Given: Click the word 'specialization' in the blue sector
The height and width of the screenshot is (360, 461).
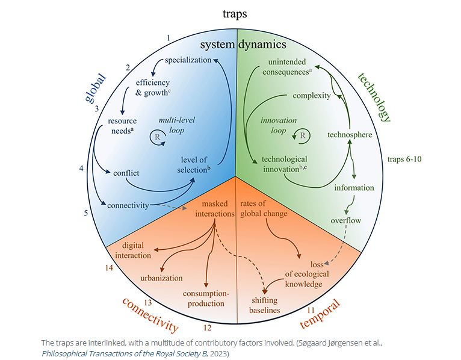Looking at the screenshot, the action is pos(188,60).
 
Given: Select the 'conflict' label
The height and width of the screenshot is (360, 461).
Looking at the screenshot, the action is pos(126,173).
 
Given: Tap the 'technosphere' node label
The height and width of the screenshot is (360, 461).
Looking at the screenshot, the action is pos(350,135).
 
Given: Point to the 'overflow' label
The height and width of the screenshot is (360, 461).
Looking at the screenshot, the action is pos(345,220).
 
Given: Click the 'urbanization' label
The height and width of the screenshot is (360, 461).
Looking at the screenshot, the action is pos(161,278).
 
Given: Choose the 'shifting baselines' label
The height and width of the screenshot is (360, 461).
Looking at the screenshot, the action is pos(265,305).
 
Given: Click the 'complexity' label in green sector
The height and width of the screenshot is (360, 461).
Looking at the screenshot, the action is pos(312,96).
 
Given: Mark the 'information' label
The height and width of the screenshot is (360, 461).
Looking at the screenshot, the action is pos(354,188).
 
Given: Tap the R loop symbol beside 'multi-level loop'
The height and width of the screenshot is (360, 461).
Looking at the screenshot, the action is pos(158,137).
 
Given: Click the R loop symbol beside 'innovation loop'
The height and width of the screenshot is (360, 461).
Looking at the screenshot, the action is pos(302,136).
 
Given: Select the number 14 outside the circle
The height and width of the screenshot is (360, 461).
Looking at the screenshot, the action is pos(109,268).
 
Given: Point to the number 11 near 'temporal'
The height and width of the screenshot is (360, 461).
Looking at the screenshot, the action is pos(311,310).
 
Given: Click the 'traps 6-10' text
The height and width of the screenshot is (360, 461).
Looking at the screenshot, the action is pos(404,159).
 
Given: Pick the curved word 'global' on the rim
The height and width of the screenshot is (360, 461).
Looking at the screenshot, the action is pos(95,88).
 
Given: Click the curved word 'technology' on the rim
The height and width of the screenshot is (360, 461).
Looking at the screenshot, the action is pos(374,98).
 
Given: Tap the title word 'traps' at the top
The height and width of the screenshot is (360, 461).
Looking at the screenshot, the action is pos(235,14).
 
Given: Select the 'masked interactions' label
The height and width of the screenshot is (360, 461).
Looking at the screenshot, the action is pos(215,208).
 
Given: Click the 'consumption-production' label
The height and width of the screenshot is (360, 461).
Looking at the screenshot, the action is pos(206,299).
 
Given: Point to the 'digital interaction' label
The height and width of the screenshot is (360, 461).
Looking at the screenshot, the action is pos(133,250).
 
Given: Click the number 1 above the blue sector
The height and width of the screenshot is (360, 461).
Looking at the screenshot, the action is pos(169,38).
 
